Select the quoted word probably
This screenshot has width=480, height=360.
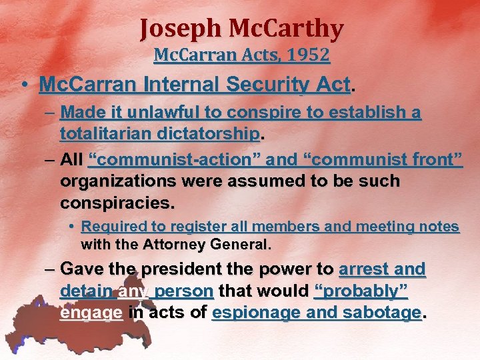pos(360,291)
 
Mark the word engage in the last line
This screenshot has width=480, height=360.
pos(91,312)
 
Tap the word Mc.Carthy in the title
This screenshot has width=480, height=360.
pos(287,29)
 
